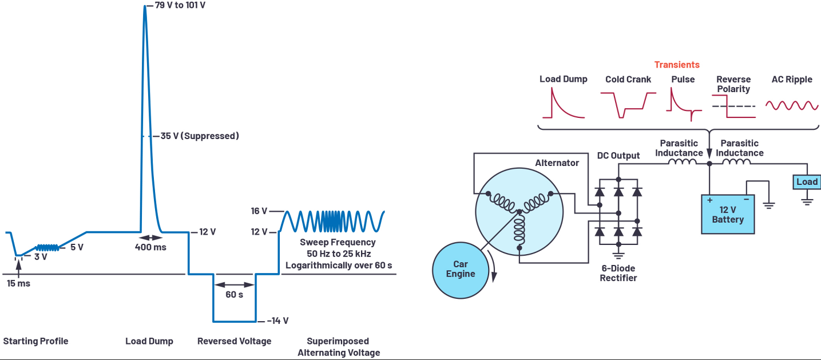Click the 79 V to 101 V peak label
tap(180, 6)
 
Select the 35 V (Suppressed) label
tap(200, 136)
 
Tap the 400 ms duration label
tap(150, 247)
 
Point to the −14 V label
tap(277, 321)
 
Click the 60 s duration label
tap(234, 295)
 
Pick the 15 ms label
tap(19, 283)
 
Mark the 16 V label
tap(259, 211)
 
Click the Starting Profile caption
tap(36, 341)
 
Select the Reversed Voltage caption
tap(234, 341)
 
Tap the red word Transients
tap(677, 65)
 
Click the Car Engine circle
tap(461, 270)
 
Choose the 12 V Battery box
tap(728, 214)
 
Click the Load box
tap(807, 182)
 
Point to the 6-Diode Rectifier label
tap(618, 273)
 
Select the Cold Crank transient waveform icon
tap(628, 105)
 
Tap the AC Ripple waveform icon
tap(792, 105)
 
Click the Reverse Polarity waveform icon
tap(734, 106)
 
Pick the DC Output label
tap(618, 156)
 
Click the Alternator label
tap(557, 163)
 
